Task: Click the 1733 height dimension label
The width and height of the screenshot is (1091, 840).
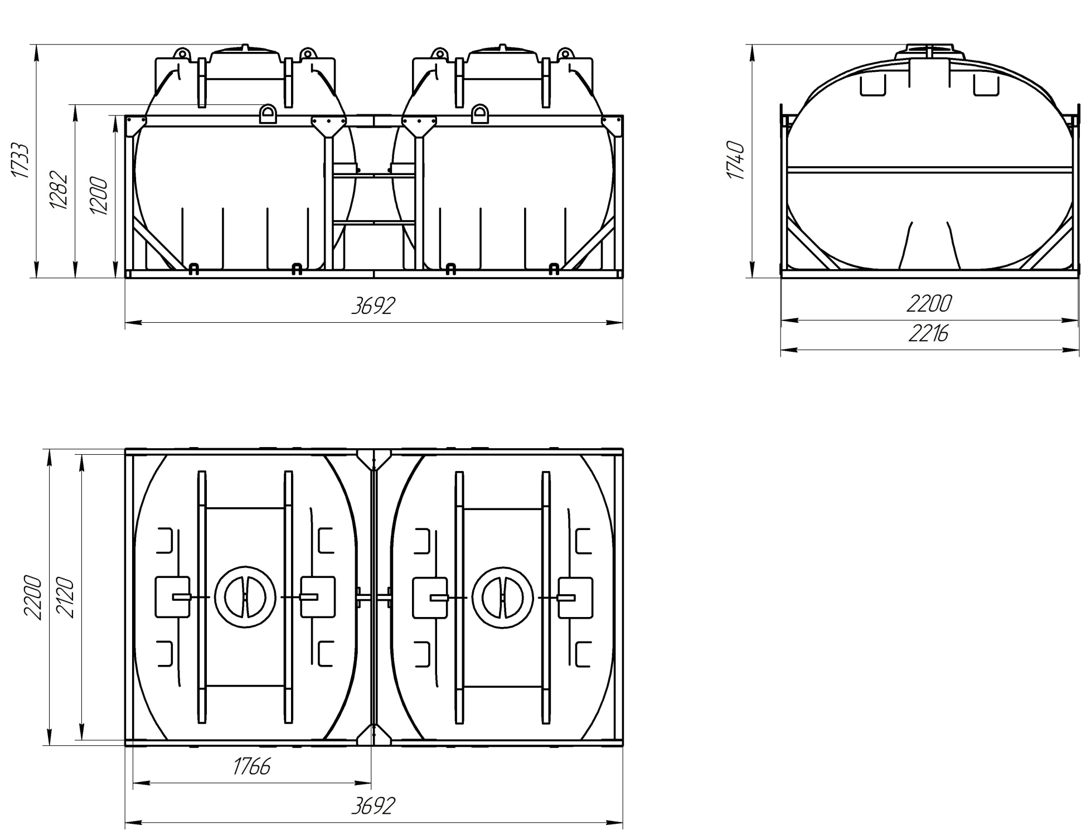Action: click(20, 161)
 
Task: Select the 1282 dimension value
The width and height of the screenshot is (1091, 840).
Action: click(59, 191)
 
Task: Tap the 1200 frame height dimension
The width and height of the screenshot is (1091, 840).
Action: click(98, 196)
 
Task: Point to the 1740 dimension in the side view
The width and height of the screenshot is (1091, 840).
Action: click(736, 161)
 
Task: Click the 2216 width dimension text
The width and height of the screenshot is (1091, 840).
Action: click(928, 334)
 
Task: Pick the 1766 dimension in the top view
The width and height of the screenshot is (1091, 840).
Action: click(251, 767)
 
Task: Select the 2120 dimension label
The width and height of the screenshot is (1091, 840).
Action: click(65, 598)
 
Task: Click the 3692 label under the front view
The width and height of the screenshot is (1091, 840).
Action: click(373, 305)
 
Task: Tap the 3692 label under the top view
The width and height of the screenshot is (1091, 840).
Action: click(373, 806)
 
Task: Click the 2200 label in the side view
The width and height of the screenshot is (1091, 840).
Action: click(929, 304)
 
